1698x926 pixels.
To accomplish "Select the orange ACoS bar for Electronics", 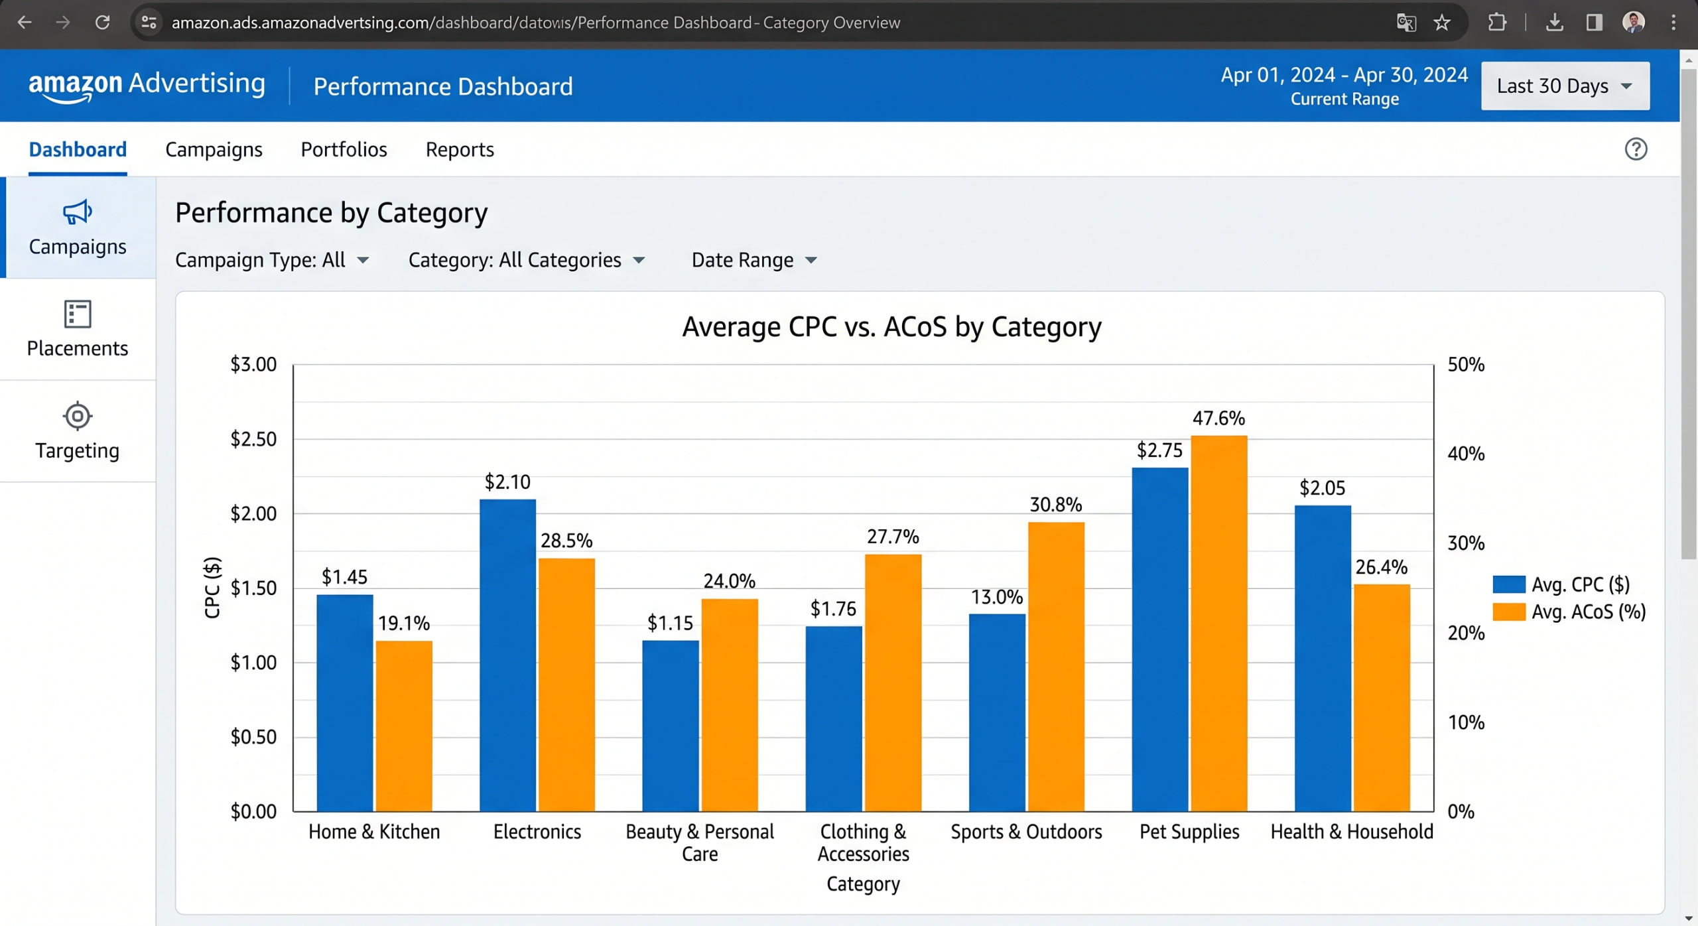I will click(x=566, y=684).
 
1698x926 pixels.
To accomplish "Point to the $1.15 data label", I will click(x=669, y=623).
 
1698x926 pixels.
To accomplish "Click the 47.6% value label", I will click(x=1218, y=418).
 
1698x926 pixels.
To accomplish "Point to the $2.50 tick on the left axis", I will click(x=253, y=438).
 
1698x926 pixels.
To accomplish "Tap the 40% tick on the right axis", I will click(x=1465, y=454).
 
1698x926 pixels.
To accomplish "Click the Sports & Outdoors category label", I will click(x=1025, y=831).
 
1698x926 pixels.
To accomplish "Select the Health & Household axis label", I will click(x=1351, y=831).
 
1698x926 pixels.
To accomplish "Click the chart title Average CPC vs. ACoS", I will click(x=891, y=327).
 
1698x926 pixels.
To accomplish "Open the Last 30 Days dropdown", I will click(x=1564, y=86).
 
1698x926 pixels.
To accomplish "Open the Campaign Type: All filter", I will click(x=271, y=260).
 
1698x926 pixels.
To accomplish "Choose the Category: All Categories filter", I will click(x=526, y=260).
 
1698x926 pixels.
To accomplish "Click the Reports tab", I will click(x=459, y=149).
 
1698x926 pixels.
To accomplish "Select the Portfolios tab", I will click(x=344, y=149).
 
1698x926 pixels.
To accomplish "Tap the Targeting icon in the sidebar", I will click(x=78, y=416).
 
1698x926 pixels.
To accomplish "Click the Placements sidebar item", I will click(x=78, y=329).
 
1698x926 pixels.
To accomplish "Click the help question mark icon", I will click(x=1635, y=149).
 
